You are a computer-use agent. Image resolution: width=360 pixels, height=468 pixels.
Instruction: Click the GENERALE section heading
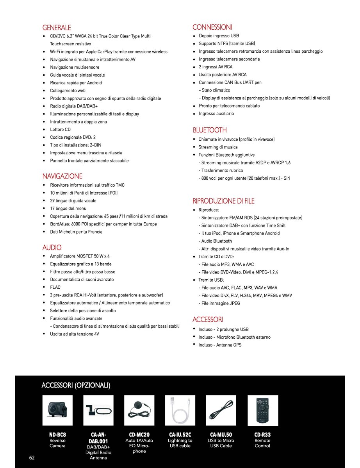coord(57,28)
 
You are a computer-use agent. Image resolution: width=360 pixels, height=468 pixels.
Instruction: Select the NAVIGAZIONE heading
coord(62,176)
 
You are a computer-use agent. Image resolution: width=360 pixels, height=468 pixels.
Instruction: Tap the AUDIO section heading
coord(52,247)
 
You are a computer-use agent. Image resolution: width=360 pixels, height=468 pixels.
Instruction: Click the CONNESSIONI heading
coord(212,27)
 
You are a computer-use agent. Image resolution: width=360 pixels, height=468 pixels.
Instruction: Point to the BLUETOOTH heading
coord(210,130)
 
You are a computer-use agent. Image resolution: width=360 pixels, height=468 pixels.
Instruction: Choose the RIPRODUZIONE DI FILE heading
coord(223,201)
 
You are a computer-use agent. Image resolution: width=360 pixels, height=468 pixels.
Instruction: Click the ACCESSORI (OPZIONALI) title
coord(76,386)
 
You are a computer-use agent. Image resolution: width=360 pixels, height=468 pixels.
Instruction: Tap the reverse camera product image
coord(57,410)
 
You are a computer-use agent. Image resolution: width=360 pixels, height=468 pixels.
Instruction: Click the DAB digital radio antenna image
coord(98,410)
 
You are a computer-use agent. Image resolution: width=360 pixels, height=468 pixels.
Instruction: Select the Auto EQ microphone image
coord(139,410)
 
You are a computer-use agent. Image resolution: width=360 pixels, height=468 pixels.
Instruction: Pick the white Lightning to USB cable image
coord(180,410)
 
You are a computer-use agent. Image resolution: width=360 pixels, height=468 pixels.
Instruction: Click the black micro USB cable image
coord(221,410)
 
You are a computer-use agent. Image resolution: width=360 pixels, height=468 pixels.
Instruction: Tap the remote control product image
coord(262,410)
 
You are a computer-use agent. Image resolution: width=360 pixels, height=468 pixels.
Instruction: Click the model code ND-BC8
coord(57,434)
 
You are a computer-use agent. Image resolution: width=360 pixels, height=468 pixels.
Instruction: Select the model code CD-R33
coord(262,434)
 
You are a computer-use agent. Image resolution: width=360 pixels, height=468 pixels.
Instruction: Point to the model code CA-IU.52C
coord(180,434)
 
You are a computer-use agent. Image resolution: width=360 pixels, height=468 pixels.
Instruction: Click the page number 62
coord(32,457)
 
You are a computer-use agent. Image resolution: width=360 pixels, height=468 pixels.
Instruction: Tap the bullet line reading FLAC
coord(55,287)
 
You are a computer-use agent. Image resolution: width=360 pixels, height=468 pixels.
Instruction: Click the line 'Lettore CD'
coord(60,129)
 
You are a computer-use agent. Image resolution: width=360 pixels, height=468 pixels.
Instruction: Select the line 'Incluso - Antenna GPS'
coord(220,345)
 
